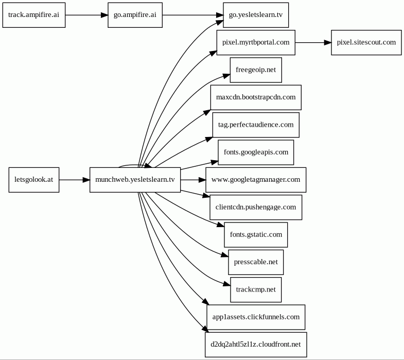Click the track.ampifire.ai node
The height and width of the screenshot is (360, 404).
coord(34,15)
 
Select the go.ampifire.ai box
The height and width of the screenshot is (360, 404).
coord(135,15)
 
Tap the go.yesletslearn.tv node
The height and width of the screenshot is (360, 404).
coord(256,15)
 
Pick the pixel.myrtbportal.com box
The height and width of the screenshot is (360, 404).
coord(256,43)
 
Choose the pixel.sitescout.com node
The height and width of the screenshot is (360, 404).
coord(366,43)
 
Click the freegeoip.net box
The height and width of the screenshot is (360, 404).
coord(256,70)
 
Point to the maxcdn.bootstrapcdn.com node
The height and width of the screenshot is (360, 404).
coord(256,97)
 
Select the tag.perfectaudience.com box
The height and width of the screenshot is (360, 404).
coord(256,125)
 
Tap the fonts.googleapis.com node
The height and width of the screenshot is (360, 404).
coord(256,152)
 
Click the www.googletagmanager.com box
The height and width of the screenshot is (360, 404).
coord(256,180)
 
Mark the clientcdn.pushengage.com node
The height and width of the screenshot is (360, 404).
coord(256,208)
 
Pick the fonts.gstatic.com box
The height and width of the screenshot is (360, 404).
coord(256,235)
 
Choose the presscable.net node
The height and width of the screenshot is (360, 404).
coord(256,262)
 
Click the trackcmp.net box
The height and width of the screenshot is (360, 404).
coord(256,289)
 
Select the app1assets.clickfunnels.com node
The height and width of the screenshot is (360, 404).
coord(256,317)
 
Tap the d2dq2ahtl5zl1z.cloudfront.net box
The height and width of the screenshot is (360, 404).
coord(256,345)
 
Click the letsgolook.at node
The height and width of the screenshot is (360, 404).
coord(34,180)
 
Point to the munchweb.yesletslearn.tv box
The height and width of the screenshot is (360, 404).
coord(135,180)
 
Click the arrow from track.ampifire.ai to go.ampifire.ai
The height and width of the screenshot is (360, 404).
coord(86,15)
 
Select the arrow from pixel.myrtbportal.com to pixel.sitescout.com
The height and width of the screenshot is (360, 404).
coord(313,43)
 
